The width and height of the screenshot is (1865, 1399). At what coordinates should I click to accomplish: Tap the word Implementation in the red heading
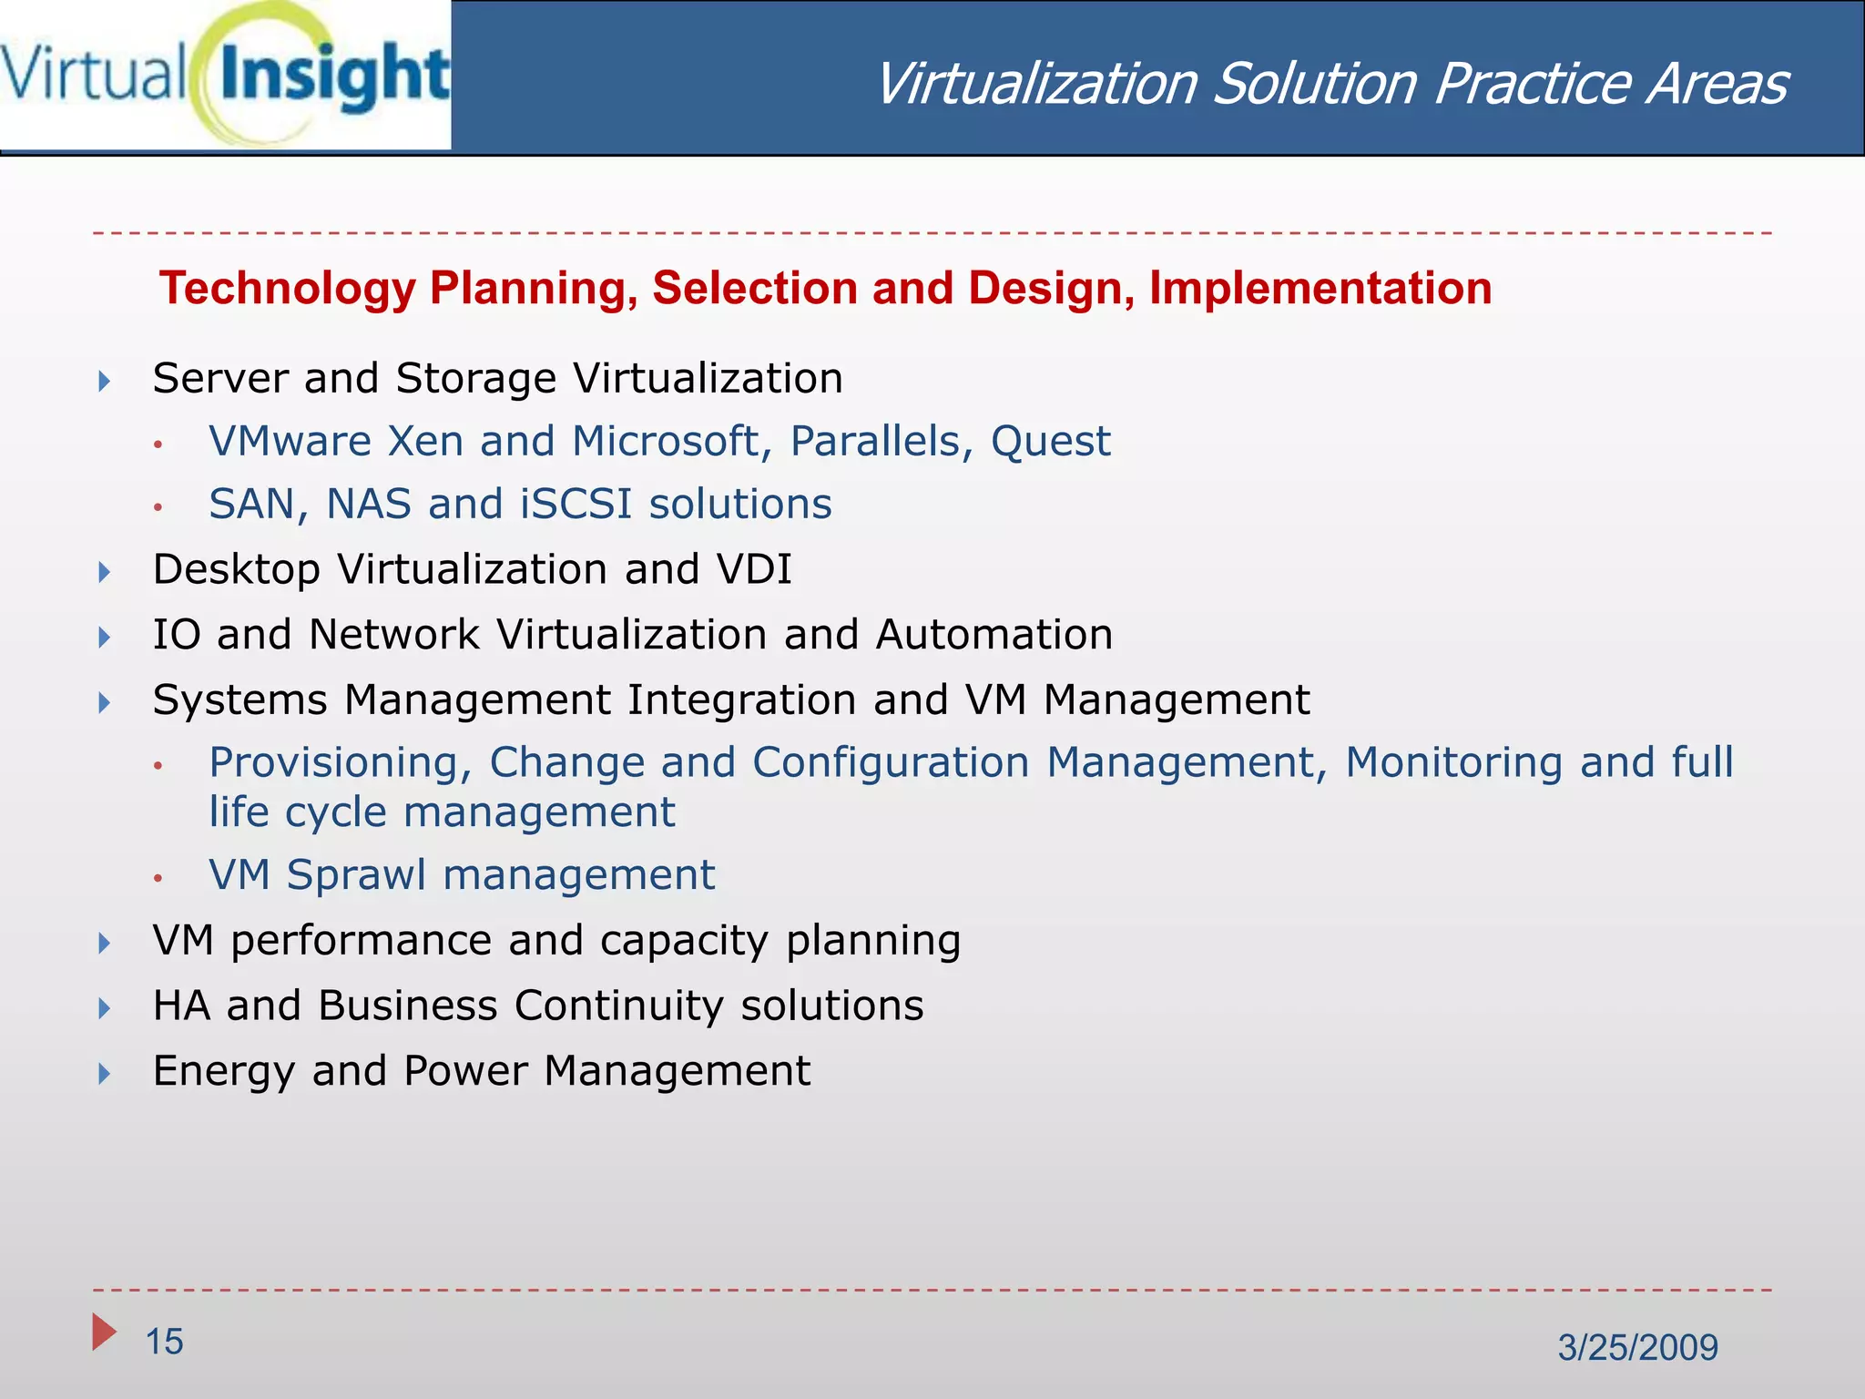coord(1320,289)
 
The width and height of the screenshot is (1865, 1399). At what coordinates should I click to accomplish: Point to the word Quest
coord(1050,442)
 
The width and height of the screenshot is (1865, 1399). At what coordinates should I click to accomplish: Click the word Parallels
coord(874,442)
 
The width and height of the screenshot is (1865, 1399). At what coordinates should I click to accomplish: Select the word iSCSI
coord(576,505)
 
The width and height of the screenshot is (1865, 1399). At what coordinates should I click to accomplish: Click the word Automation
coord(994,635)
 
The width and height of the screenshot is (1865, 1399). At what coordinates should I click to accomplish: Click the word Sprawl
coord(356,875)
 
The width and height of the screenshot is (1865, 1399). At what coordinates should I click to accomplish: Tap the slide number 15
coord(165,1342)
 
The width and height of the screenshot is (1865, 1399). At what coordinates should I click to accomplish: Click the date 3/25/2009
coord(1637,1347)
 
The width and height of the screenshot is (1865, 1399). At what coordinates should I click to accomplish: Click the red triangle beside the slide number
coord(103,1333)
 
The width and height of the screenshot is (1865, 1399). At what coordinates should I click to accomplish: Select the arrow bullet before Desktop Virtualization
coord(105,572)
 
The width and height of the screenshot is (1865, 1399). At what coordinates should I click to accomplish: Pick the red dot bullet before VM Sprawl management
coord(158,878)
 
